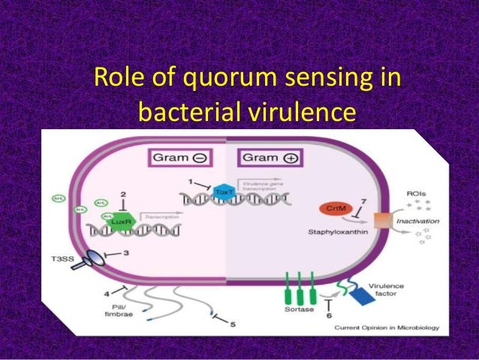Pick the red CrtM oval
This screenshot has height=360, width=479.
click(x=332, y=207)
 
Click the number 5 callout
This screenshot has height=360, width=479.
click(x=233, y=323)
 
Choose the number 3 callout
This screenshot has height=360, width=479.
click(x=126, y=253)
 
